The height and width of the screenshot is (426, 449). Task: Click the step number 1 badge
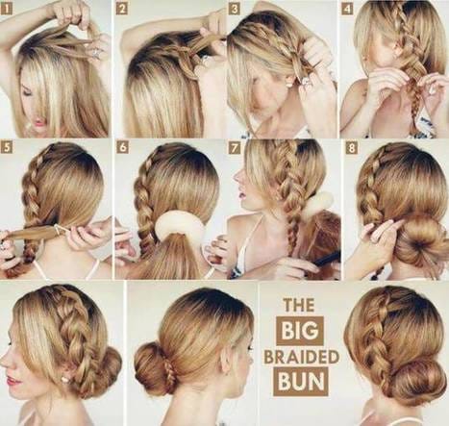click(x=7, y=9)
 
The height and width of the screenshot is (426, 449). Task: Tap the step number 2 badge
click(x=121, y=9)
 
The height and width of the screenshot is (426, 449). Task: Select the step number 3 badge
click(x=235, y=9)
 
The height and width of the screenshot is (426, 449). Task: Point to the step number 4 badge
click(x=347, y=9)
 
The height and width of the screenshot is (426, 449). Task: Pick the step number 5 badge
click(x=7, y=147)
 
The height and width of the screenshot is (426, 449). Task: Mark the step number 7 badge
click(x=235, y=147)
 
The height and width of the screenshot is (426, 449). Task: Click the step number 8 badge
click(x=352, y=147)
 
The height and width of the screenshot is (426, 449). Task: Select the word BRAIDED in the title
click(x=301, y=357)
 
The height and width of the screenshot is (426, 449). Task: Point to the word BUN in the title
click(x=300, y=382)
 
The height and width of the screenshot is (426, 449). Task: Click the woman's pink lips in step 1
click(x=39, y=122)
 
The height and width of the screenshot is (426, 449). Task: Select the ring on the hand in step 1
click(x=96, y=51)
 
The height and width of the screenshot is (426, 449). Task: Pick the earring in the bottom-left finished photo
click(x=65, y=380)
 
